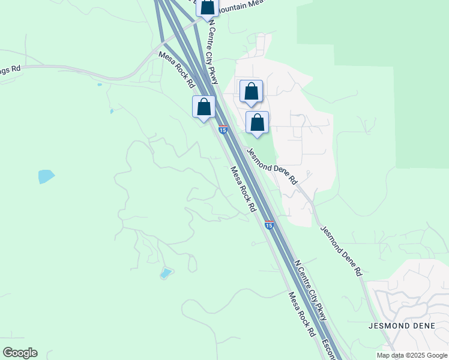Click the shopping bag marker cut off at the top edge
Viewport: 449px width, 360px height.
[208, 8]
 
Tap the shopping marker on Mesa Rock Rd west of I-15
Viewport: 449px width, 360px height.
[203, 107]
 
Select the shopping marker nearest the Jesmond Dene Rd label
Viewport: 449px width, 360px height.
[257, 123]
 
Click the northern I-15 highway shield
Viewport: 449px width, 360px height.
[223, 130]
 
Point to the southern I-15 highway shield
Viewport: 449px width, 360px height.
[270, 225]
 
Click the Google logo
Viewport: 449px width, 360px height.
[20, 353]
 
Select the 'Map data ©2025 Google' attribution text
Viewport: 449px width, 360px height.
[412, 355]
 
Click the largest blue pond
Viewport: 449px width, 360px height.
[46, 176]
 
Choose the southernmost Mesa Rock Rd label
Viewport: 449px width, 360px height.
[302, 314]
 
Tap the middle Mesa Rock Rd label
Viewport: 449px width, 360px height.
[244, 189]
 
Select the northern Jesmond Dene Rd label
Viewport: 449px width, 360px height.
[273, 166]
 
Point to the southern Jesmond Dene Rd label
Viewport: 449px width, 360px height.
[342, 250]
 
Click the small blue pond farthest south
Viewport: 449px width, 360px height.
[165, 274]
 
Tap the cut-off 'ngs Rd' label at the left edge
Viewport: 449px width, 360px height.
[10, 69]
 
